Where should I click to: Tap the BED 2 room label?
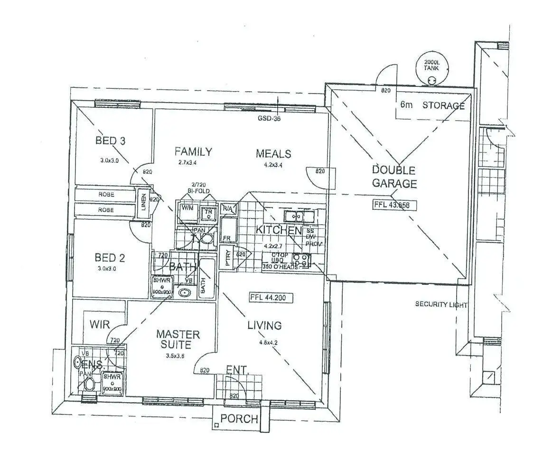(x=110, y=258)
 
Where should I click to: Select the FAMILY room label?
(x=193, y=152)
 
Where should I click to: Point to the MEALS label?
(x=273, y=154)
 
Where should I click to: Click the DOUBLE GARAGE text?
(x=394, y=177)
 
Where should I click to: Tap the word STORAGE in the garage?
(x=443, y=105)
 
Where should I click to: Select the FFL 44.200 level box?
(x=271, y=298)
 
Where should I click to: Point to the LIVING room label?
(x=264, y=325)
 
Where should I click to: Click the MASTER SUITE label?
(x=178, y=339)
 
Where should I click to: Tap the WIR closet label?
(x=100, y=325)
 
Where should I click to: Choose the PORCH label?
(x=240, y=419)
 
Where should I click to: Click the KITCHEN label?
(x=279, y=230)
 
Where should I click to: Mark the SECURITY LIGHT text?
(x=441, y=304)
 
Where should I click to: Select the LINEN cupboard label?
(x=142, y=203)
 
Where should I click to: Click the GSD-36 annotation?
(x=269, y=119)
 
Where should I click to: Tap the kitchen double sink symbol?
(x=299, y=216)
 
